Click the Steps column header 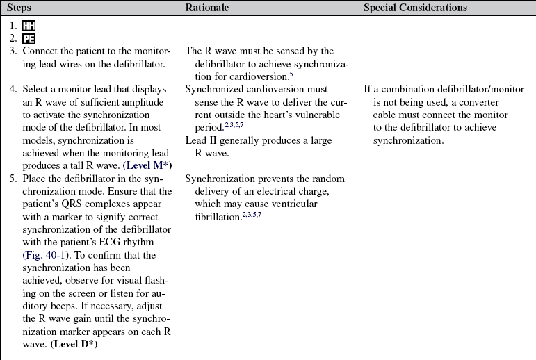click(19, 8)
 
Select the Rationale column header click(207, 8)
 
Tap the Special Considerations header click(415, 8)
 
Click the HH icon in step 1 click(29, 26)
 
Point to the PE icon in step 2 click(29, 39)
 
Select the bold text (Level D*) click(73, 345)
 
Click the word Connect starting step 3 click(40, 51)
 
